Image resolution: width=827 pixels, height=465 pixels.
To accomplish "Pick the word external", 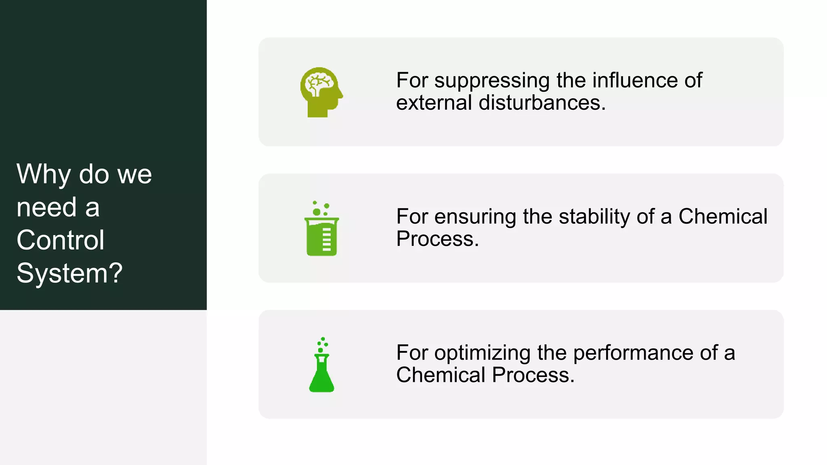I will click(434, 103).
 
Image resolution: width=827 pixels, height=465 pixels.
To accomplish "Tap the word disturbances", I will click(542, 103).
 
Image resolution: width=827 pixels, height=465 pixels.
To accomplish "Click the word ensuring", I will click(475, 217).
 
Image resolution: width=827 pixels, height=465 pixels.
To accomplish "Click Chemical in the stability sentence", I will click(722, 216).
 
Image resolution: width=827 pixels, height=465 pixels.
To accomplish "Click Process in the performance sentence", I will click(533, 375).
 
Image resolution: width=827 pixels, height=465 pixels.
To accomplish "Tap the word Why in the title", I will click(44, 175).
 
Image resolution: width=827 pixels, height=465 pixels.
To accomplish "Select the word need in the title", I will click(46, 207).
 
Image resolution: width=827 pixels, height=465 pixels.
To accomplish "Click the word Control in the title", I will click(61, 240).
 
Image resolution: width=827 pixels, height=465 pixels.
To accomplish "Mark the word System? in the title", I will click(69, 273).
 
